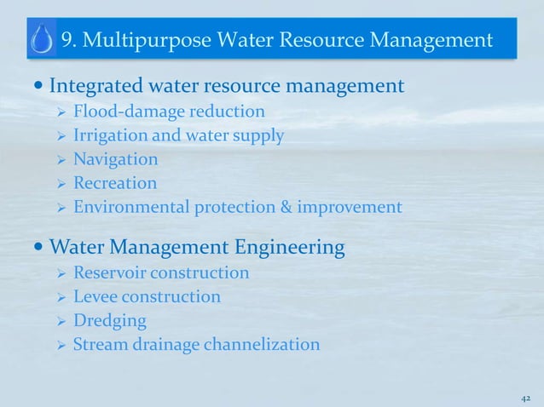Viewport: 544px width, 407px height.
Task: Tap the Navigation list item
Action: point(115,159)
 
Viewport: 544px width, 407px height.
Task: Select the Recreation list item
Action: point(115,183)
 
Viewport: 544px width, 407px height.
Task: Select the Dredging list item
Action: point(110,321)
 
